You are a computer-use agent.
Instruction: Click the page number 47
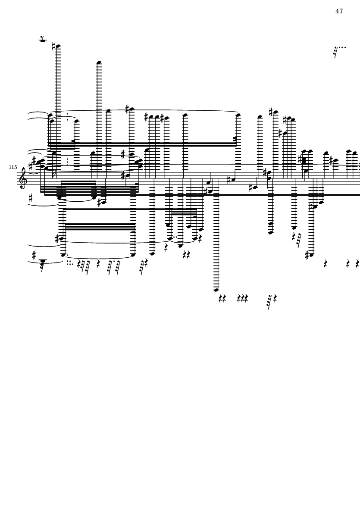[339, 11]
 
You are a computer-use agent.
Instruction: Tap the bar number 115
[13, 167]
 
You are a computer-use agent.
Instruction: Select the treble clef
[23, 178]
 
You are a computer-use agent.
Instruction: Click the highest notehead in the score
[58, 46]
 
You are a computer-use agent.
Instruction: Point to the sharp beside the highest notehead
[53, 45]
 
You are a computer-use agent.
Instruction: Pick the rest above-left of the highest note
[43, 40]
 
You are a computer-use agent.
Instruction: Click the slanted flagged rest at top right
[335, 52]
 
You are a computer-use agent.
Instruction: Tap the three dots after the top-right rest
[342, 47]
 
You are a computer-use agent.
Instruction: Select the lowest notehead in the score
[216, 290]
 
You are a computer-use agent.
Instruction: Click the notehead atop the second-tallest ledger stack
[99, 62]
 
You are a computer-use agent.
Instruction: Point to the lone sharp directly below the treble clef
[30, 198]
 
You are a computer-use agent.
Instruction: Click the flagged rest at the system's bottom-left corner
[42, 264]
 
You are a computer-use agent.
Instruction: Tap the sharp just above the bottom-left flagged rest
[34, 256]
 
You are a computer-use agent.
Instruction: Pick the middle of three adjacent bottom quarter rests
[242, 298]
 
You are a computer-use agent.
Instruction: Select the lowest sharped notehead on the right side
[311, 255]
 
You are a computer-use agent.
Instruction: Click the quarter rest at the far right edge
[357, 263]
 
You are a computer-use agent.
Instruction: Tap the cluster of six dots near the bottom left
[69, 262]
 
